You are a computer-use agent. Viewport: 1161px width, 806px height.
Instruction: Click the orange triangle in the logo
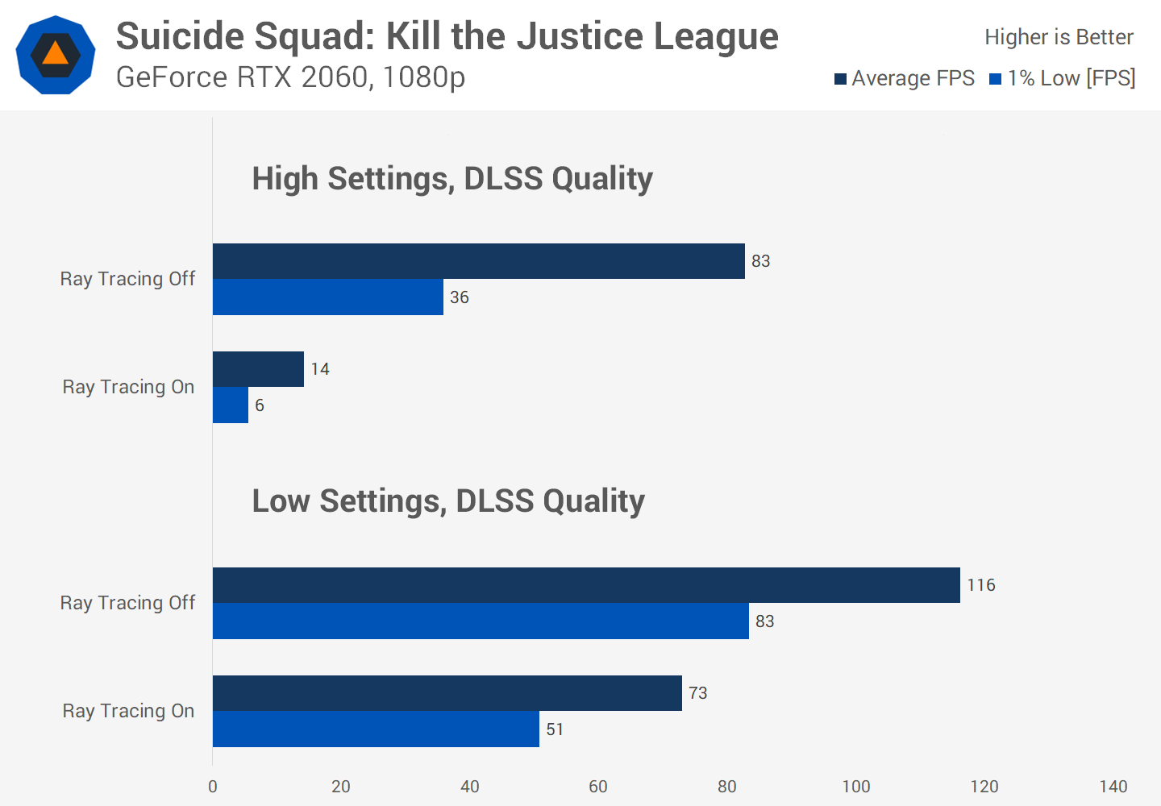tap(55, 54)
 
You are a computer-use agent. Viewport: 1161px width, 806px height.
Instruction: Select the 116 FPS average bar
tap(586, 585)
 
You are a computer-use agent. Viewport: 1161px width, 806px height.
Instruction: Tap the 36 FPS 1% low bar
tap(327, 297)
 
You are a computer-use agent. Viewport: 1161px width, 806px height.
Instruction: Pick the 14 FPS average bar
tap(258, 369)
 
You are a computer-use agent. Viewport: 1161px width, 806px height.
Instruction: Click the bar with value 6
tap(231, 405)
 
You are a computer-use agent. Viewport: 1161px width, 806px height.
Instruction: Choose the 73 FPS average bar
tap(447, 693)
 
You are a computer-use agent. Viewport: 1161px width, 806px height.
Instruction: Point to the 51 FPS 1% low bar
tap(376, 729)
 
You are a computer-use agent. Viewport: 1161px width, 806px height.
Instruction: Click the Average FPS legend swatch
tap(840, 79)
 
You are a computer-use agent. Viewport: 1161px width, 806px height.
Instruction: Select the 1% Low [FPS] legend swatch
tap(996, 79)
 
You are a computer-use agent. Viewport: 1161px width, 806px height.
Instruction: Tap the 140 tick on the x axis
tap(1113, 787)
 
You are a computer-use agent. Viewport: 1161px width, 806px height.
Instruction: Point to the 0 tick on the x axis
tap(213, 787)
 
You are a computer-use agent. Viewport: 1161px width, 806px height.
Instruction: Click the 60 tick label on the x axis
tap(598, 787)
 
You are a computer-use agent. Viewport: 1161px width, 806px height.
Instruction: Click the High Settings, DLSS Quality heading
tap(452, 179)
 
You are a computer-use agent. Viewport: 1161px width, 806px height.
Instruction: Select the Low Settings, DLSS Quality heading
tap(448, 501)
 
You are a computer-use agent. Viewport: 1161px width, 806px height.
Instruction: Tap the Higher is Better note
tap(1059, 37)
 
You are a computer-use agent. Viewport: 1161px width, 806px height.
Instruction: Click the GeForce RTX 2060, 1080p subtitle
tap(290, 77)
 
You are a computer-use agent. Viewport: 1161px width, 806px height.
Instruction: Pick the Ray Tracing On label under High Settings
tap(128, 387)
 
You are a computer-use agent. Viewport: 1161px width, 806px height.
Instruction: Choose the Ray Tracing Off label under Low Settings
tap(127, 603)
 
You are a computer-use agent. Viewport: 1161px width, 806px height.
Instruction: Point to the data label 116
tap(981, 585)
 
